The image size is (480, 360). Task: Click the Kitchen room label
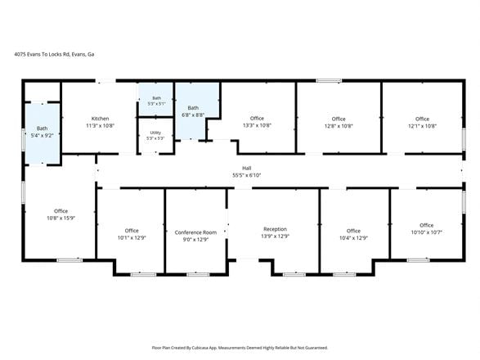click(x=100, y=119)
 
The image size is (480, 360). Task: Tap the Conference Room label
click(x=195, y=232)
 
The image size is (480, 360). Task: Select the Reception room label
click(x=276, y=229)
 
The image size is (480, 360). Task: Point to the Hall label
click(x=247, y=169)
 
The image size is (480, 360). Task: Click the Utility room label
click(x=155, y=133)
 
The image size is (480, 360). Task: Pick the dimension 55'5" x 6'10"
click(x=247, y=175)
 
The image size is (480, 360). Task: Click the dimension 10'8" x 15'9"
click(x=61, y=218)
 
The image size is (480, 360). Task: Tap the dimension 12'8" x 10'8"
click(x=339, y=126)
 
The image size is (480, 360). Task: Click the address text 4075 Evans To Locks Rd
click(x=43, y=54)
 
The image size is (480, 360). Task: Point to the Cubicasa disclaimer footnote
click(x=240, y=348)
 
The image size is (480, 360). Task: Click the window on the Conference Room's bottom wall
click(x=198, y=275)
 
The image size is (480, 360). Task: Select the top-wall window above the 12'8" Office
click(x=329, y=80)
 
